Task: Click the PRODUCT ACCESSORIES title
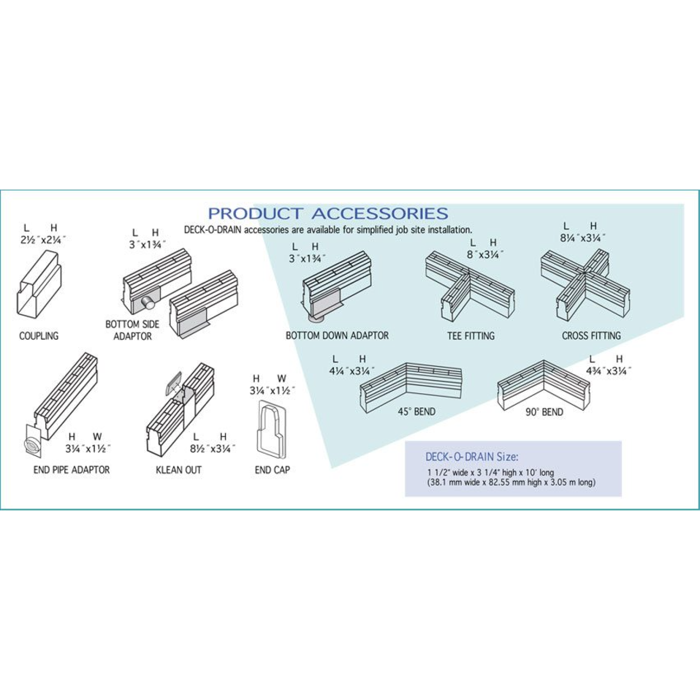328,213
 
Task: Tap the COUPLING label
39,335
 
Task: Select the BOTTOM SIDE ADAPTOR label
132,330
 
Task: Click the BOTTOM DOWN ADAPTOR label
337,335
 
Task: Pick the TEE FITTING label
471,335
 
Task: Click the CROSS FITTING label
592,335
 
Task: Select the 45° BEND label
417,412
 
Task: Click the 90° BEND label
544,412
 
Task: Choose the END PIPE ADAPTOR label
71,470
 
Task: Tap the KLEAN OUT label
179,470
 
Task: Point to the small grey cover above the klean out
174,383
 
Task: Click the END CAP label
272,470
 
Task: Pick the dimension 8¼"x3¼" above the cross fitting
583,238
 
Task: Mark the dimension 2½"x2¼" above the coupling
43,240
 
